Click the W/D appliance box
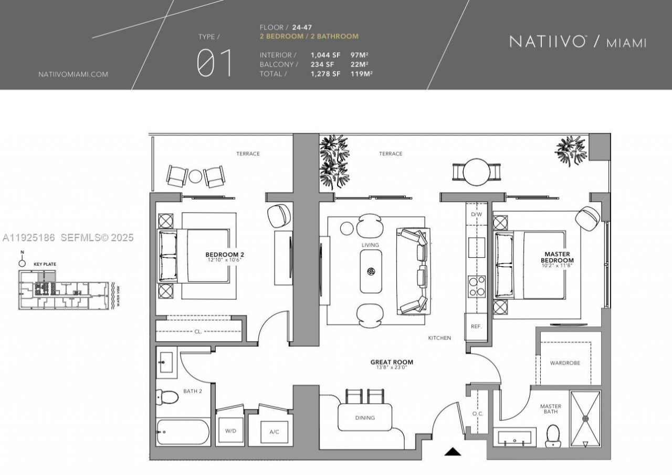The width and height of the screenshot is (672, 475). click(x=230, y=430)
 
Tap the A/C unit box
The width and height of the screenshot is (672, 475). click(x=274, y=431)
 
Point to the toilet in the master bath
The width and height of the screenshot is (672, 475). click(x=553, y=435)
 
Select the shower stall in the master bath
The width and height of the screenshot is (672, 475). click(x=585, y=419)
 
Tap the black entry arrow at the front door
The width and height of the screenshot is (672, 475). click(x=453, y=451)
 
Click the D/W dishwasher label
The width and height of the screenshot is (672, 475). click(x=476, y=215)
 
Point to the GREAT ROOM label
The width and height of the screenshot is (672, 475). click(x=392, y=362)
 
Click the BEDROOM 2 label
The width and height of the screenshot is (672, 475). click(x=225, y=255)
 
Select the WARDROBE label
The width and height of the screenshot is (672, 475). click(x=565, y=363)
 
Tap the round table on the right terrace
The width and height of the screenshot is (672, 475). click(x=477, y=172)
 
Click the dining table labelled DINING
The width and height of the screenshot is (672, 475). click(x=365, y=418)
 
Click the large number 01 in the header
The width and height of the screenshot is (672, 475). click(x=214, y=63)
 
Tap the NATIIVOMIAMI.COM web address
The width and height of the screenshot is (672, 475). click(x=73, y=75)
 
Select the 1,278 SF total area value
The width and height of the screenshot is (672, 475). click(x=325, y=74)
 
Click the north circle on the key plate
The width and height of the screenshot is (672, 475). click(x=22, y=263)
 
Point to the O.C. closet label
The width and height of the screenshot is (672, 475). click(x=477, y=414)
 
